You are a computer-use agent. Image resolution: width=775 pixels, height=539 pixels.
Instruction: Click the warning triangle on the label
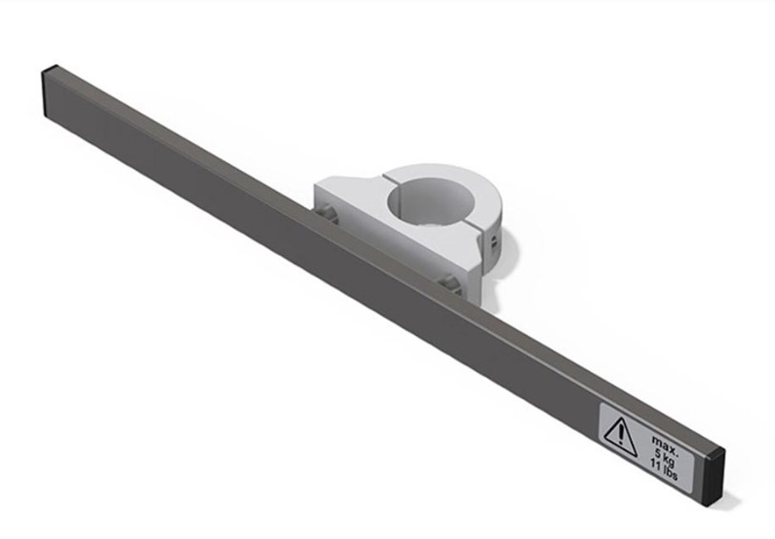click(619, 436)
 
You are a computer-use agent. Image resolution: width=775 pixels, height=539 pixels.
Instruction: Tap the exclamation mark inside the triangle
click(620, 435)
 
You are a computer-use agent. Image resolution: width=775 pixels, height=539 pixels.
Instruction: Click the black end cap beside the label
click(716, 476)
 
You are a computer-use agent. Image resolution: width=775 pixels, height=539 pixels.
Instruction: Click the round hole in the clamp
click(431, 200)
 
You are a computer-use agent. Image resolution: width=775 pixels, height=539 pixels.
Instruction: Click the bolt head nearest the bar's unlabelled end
click(327, 215)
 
